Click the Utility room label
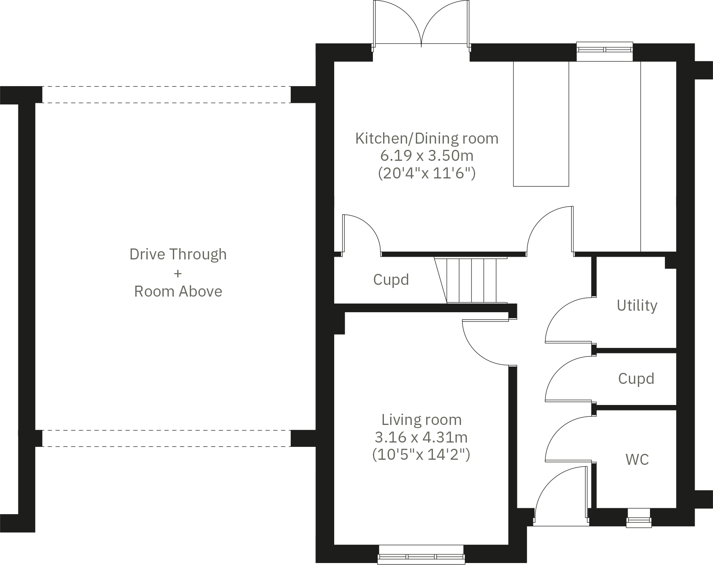tap(637, 305)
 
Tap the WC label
tap(637, 459)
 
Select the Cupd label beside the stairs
tap(391, 280)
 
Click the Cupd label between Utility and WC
tap(636, 379)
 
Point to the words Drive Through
tap(178, 254)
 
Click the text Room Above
tap(178, 291)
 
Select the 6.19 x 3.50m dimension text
tap(427, 156)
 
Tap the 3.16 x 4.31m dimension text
tap(421, 437)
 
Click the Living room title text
tap(421, 420)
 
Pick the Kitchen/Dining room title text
tap(427, 139)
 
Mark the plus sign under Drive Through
tap(178, 273)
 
